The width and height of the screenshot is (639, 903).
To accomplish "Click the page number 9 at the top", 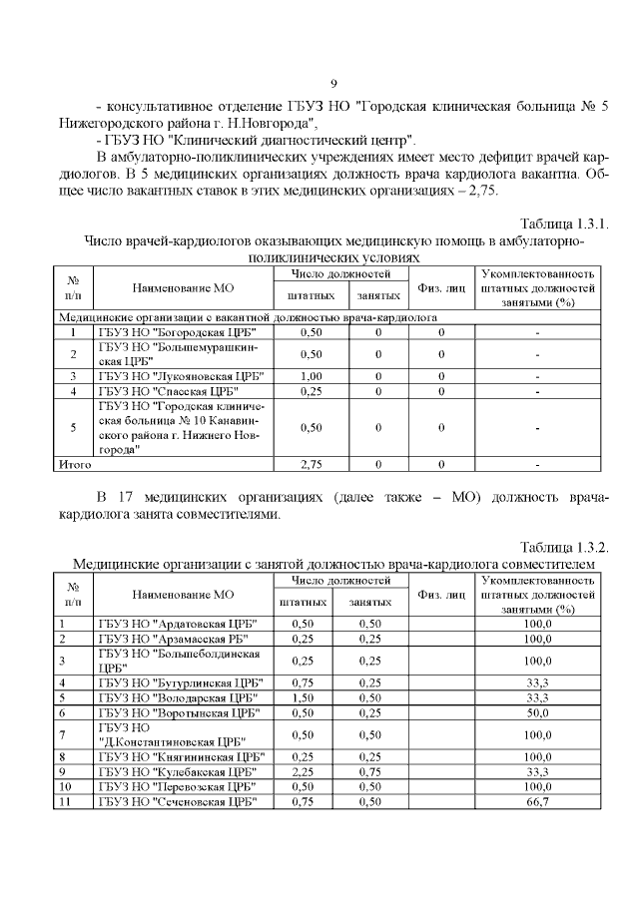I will click(334, 82).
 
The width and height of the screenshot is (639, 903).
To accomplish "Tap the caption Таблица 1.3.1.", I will click(564, 222).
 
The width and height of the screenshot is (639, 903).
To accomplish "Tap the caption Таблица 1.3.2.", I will click(564, 547).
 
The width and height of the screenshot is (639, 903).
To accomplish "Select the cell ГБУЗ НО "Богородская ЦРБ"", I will click(177, 331).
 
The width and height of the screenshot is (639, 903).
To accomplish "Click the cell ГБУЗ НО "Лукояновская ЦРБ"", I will click(181, 376).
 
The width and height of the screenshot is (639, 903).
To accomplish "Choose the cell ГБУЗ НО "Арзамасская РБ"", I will click(175, 639).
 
